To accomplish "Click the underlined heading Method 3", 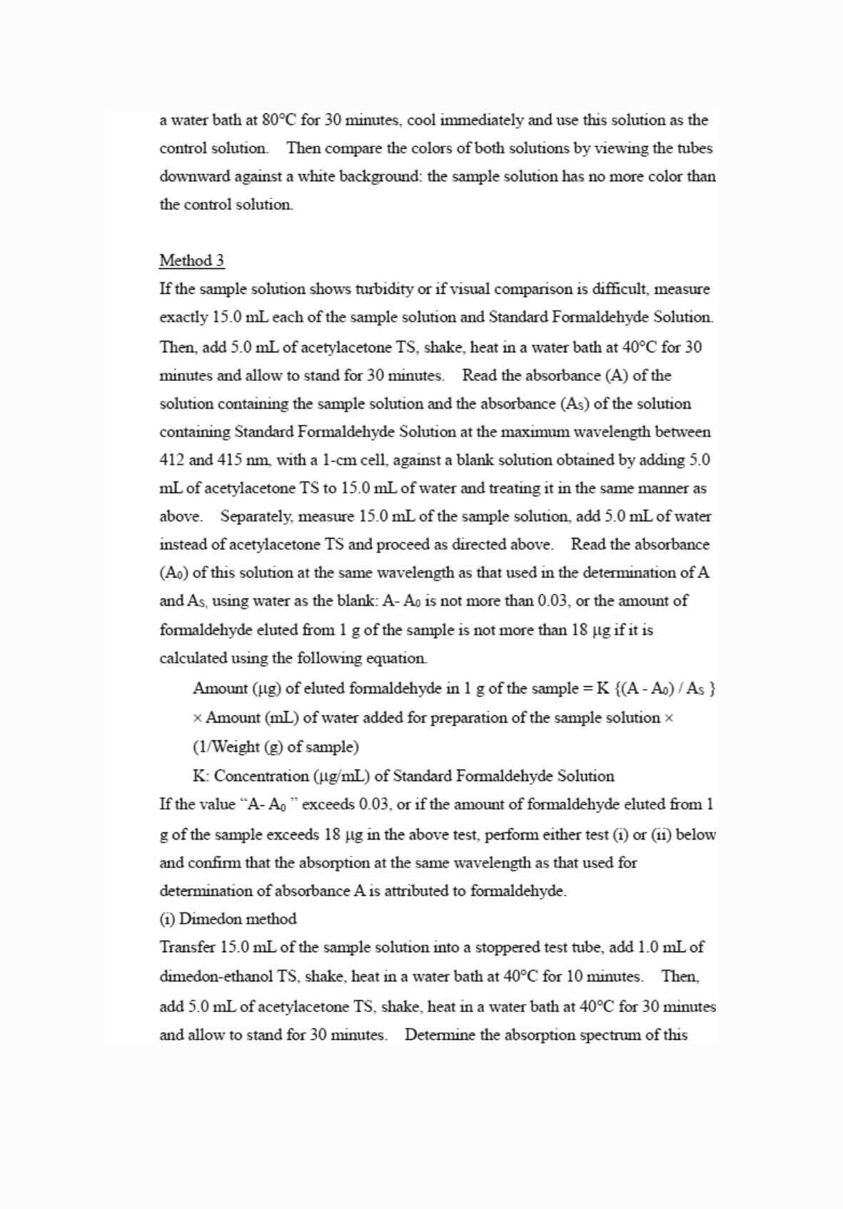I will (191, 261).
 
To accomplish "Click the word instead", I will (182, 544).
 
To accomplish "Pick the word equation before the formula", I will (397, 658).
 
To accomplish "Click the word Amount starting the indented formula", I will (220, 688).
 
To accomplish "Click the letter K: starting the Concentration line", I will (201, 776).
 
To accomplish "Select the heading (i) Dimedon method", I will (228, 919).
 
